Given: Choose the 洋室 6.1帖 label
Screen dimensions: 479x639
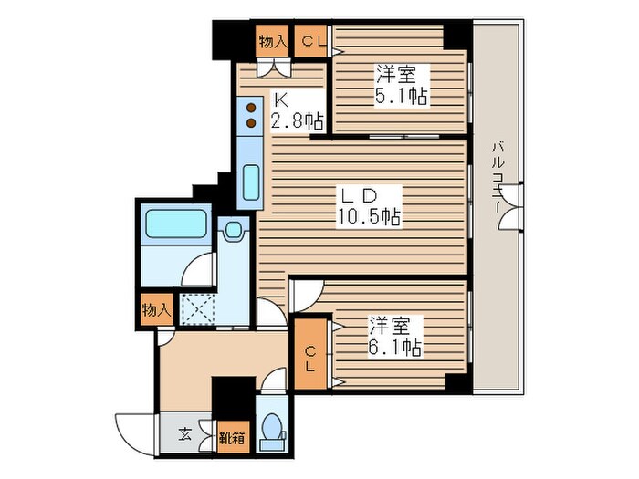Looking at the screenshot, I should pos(394,336).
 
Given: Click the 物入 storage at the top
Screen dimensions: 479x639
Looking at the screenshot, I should pos(273,41).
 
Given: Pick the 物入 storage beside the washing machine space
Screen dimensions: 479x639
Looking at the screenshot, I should pos(155,309).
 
